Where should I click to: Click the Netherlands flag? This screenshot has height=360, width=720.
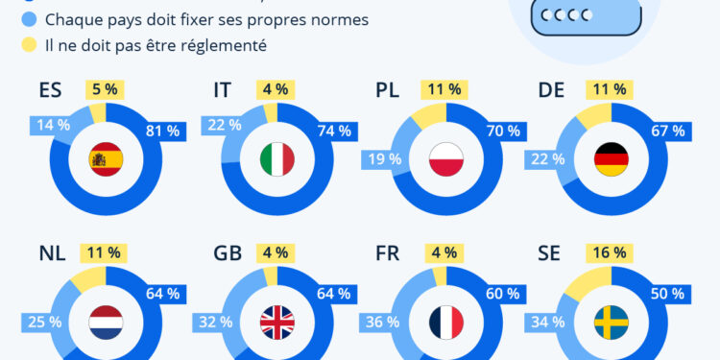(x=105, y=322)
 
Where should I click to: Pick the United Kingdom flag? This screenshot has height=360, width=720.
(x=277, y=322)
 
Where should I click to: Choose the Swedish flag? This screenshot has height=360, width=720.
(x=611, y=322)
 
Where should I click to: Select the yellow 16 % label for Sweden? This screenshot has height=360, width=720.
(x=607, y=253)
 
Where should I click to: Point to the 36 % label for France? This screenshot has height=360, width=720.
(x=376, y=321)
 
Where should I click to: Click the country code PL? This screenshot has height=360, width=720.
(x=387, y=90)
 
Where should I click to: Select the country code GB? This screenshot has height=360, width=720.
(x=227, y=253)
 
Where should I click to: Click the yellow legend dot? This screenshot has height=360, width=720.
(x=28, y=45)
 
